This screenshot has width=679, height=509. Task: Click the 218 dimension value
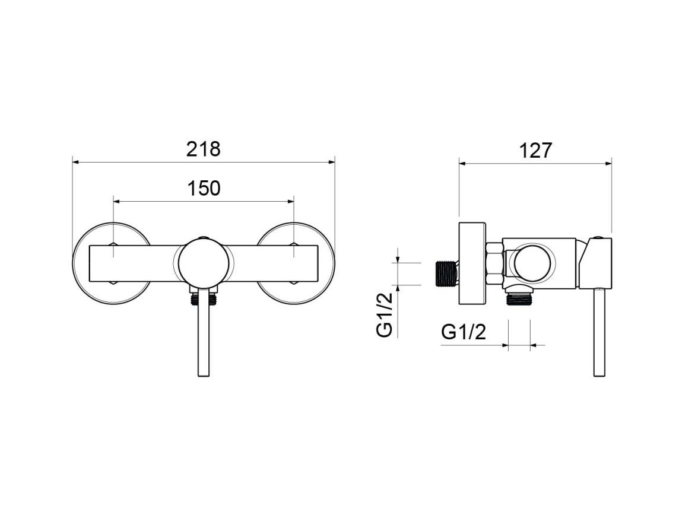click(204, 149)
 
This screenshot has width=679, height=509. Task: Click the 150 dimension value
click(204, 188)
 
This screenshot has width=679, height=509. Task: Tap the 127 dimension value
click(536, 150)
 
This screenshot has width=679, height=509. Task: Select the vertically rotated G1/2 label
click(385, 314)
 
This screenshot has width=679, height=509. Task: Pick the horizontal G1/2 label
click(464, 332)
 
